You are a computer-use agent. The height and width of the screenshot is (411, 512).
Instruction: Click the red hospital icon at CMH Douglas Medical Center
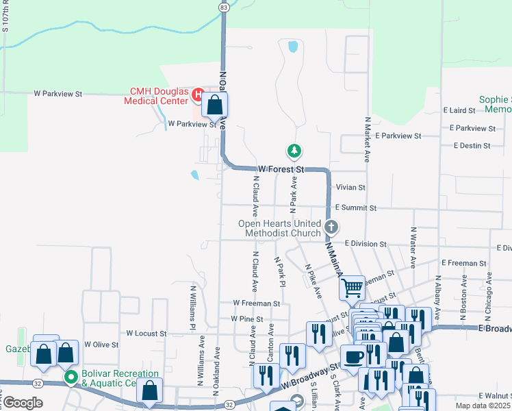pos(199,94)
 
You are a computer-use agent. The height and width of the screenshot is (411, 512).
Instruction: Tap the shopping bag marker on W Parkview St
pos(215,105)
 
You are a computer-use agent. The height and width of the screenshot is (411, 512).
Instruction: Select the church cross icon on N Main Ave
pos(331,227)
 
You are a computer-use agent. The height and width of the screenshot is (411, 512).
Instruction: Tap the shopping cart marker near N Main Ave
pos(352,287)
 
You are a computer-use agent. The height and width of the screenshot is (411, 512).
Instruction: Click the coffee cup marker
pos(354,357)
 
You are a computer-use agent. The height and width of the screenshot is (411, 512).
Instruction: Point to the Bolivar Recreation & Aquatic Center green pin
pos(70,377)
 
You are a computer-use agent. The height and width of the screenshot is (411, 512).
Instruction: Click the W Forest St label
pos(281,169)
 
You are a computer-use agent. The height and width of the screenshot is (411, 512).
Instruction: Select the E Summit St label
pos(355,208)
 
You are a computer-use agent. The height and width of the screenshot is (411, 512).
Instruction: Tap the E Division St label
pos(366,243)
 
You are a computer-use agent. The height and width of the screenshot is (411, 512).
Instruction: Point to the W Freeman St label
pos(256,303)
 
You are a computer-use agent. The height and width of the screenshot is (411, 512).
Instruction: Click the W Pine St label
pos(247,319)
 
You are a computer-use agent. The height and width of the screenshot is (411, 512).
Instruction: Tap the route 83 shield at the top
pos(224,6)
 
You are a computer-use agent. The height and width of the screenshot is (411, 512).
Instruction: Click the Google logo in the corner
pos(23,403)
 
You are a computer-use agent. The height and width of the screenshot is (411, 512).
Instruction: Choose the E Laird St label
pos(459,110)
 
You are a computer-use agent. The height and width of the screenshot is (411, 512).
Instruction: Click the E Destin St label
pos(472,146)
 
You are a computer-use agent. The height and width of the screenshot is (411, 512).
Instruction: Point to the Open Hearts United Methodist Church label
pos(279,228)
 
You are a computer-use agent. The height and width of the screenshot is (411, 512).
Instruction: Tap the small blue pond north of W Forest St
pos(294,47)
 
